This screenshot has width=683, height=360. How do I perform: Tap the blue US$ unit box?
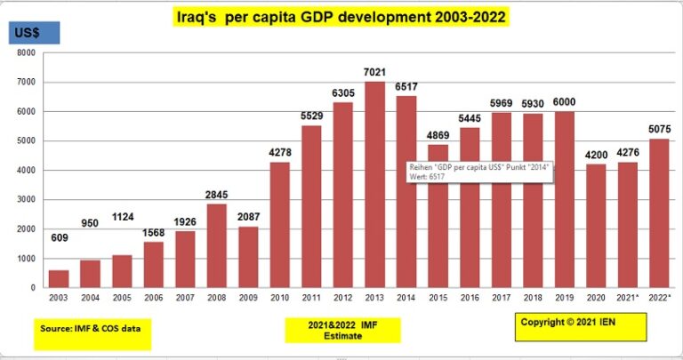pos(35,34)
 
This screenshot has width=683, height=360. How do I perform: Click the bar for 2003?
pos(60,278)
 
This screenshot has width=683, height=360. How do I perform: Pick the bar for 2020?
pos(597,226)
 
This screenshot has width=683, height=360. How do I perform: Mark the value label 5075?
pos(659,129)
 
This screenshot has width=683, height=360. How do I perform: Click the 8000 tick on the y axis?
pos(26,52)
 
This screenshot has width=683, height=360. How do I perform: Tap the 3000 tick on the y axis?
pos(26,199)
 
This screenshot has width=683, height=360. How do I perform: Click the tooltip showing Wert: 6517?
pos(478,172)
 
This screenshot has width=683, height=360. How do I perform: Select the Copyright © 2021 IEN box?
pos(579,326)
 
